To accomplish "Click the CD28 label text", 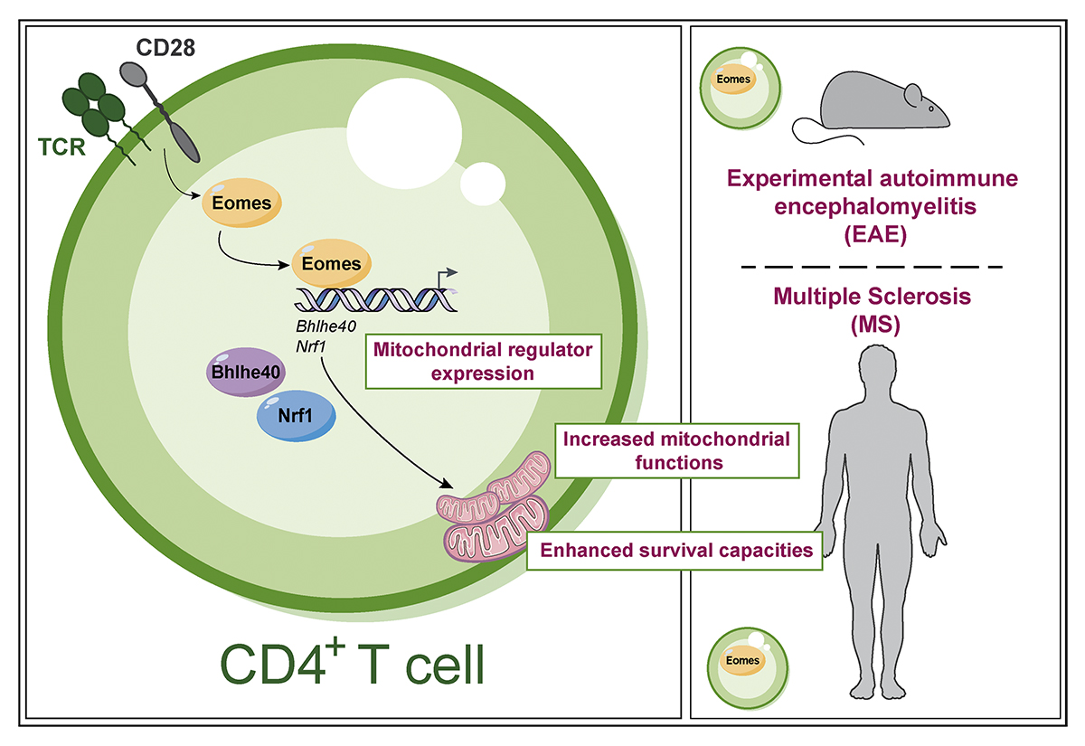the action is point(165,47).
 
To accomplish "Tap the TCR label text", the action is point(61,146).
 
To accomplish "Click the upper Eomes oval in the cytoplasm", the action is point(241,203).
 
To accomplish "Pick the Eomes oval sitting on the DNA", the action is point(331,263).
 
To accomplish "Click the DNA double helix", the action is point(376,299).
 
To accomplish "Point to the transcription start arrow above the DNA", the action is point(447,278).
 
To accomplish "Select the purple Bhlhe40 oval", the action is point(246,372).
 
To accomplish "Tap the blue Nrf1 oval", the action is point(296,416).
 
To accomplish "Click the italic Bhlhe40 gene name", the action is point(325,326).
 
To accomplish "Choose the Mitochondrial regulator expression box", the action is point(484,362).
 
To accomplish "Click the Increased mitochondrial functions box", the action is point(676,450).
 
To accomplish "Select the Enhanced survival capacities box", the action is point(675,551).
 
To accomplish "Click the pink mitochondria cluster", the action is point(494,506).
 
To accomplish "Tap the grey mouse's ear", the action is point(913,96).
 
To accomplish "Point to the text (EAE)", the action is point(875,234).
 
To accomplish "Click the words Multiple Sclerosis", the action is point(872,296).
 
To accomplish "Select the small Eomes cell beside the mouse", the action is point(741,89).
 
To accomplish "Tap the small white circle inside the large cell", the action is point(483,184).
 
